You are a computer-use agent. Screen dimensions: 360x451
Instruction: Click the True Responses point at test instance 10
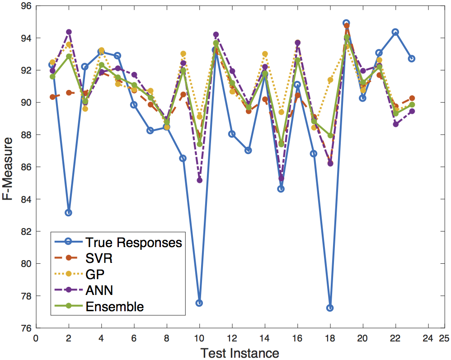[199, 303]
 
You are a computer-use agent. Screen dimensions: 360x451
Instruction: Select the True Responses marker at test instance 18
[330, 308]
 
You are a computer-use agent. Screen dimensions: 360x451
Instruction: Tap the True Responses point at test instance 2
[68, 212]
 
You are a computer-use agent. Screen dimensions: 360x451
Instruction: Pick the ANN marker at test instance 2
[69, 32]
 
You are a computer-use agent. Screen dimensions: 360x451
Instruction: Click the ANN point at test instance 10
[199, 180]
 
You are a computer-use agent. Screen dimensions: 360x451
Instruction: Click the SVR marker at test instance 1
[52, 97]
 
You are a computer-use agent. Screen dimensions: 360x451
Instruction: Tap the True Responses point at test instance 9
[183, 158]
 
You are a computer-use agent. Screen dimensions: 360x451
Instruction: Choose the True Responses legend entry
[117, 242]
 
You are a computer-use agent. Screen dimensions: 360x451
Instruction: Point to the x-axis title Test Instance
[240, 352]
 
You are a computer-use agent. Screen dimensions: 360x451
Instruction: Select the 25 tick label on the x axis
[444, 338]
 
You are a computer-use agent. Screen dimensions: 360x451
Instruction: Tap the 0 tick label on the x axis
[36, 338]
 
